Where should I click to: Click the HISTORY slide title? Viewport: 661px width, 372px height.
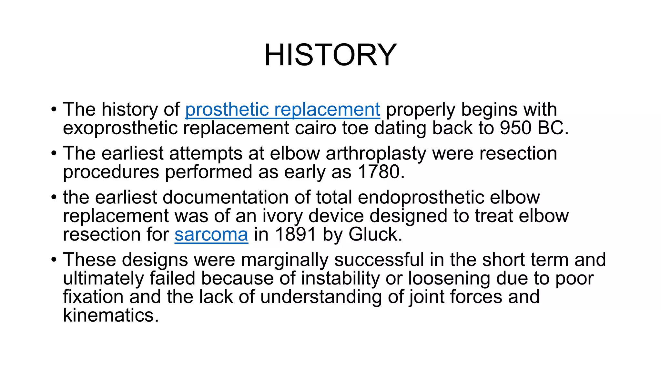330,55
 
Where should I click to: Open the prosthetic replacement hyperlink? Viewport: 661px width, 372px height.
282,109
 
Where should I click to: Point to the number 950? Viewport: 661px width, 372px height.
515,128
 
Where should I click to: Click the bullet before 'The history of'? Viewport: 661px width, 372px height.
54,109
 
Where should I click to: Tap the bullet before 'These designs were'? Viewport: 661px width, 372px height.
54,259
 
